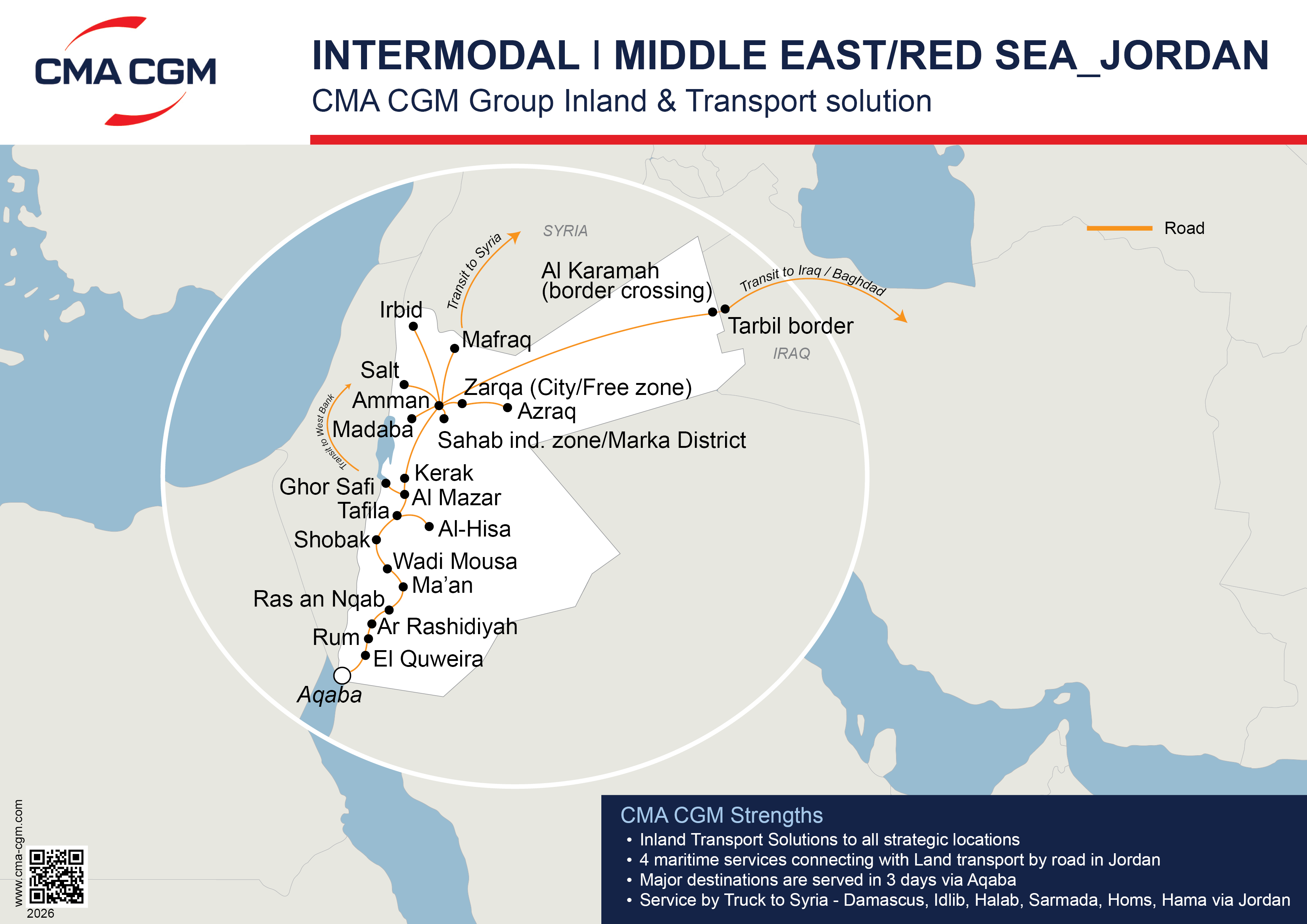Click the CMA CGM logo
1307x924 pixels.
click(125, 71)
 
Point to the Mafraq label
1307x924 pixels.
click(496, 339)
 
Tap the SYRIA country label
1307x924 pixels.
click(565, 231)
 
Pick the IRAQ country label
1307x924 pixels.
click(791, 354)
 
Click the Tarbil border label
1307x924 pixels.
click(791, 326)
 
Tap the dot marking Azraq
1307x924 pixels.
click(507, 408)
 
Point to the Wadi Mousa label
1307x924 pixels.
click(455, 561)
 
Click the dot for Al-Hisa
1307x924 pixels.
click(429, 526)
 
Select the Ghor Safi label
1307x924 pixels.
click(327, 487)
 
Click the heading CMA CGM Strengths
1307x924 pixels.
click(721, 815)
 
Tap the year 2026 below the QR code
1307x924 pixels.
click(40, 913)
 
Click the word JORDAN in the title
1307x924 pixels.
click(1184, 56)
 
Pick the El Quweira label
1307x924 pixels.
click(428, 659)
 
